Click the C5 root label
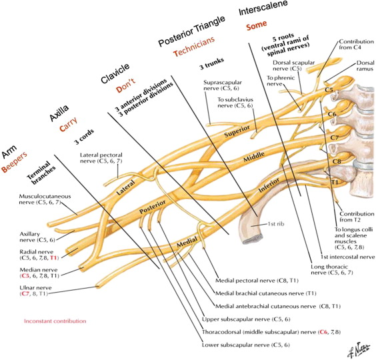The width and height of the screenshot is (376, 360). coord(329,89)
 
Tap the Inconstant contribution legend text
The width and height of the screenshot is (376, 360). coord(55,321)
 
